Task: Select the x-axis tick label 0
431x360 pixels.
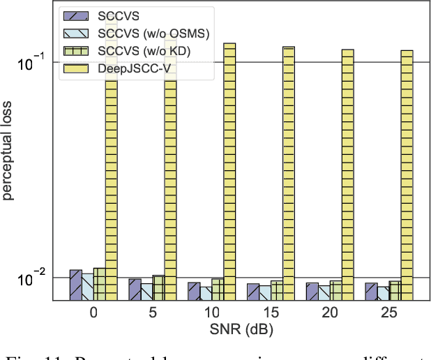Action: [93, 313]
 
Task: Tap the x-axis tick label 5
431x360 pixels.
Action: [153, 313]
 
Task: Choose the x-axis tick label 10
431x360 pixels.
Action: [212, 313]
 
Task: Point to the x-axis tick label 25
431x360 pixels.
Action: [390, 313]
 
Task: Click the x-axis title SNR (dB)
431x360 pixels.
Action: [242, 330]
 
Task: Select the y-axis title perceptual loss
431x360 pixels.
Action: [10, 150]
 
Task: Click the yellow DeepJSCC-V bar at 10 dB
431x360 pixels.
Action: [229, 172]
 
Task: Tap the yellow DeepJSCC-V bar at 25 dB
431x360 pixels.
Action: [407, 175]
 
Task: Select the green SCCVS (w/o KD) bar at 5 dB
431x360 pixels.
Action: [159, 288]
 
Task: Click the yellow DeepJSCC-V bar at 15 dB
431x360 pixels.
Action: [289, 174]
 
